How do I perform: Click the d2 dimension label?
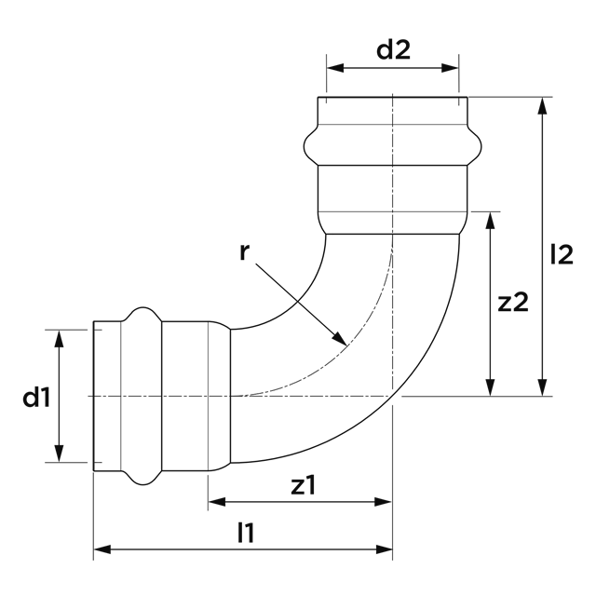coord(393,51)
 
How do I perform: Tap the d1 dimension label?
coord(36,399)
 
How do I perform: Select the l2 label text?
coord(562,254)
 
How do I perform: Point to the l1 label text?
coord(246,533)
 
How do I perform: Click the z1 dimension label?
coord(304,485)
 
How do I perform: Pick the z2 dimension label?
coord(513,302)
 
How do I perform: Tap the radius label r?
coord(244,251)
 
